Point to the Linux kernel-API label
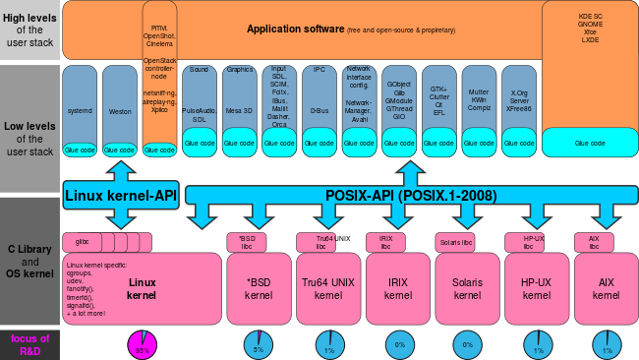(120, 195)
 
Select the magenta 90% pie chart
(142, 345)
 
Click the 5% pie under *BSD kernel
(259, 345)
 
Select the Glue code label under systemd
(80, 150)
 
